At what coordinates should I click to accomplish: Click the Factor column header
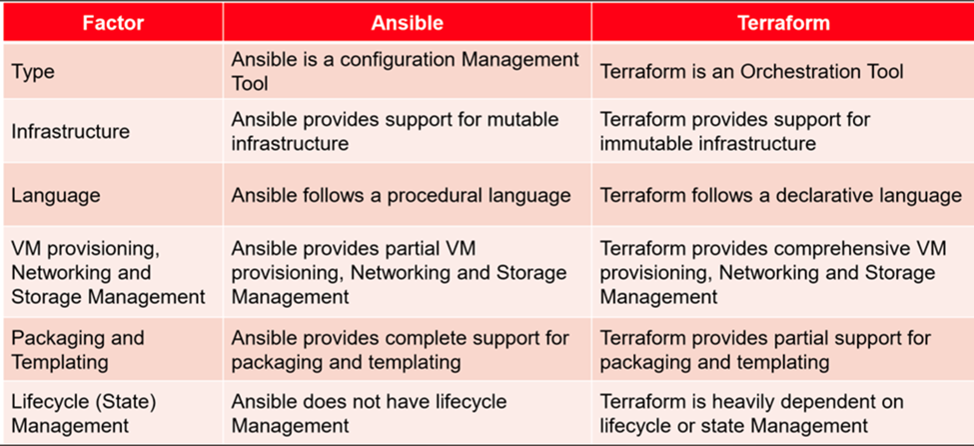[111, 21]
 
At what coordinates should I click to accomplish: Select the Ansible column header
[407, 21]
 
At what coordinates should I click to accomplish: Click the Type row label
[33, 72]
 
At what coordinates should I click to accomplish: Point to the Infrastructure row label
[70, 131]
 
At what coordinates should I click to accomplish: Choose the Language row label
[56, 195]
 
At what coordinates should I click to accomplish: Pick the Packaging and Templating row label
[78, 349]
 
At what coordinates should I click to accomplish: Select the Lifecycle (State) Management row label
[85, 413]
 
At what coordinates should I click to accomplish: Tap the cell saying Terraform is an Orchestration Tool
[751, 72]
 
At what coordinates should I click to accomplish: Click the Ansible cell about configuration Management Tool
[405, 72]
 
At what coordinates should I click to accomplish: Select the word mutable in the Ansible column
[524, 120]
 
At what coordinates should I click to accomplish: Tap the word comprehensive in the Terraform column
[833, 247]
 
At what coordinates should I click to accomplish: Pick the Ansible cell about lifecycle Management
[369, 413]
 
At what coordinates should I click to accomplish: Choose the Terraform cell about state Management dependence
[751, 413]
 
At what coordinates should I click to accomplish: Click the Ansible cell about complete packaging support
[401, 349]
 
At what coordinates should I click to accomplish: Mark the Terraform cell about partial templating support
[765, 349]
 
